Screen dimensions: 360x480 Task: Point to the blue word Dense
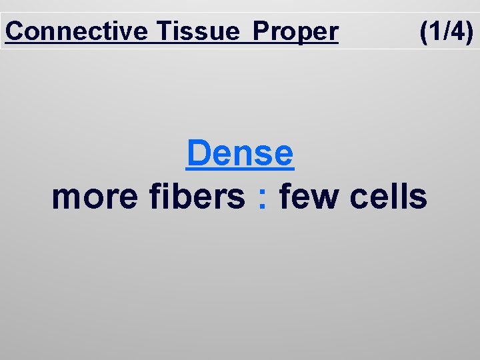pyautogui.click(x=240, y=153)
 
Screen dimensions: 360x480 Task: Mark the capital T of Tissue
pyautogui.click(x=165, y=31)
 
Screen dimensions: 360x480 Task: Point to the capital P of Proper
pyautogui.click(x=262, y=31)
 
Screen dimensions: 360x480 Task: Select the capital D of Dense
pyautogui.click(x=198, y=153)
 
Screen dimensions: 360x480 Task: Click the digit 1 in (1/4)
pyautogui.click(x=434, y=31)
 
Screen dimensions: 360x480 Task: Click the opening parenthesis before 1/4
pyautogui.click(x=423, y=31)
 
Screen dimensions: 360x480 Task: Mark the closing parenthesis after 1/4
pyautogui.click(x=469, y=31)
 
